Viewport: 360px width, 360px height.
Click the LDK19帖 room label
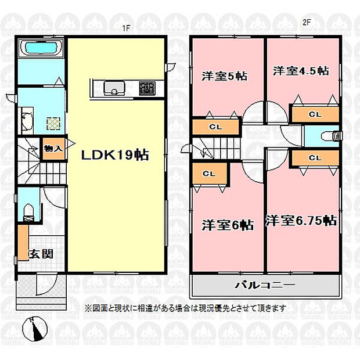pos(115,155)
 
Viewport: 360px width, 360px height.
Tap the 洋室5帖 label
pos(224,76)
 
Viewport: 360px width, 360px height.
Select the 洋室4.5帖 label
pos(301,71)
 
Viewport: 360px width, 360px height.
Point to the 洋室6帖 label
pos(228,225)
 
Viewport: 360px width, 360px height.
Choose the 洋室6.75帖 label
pos(301,221)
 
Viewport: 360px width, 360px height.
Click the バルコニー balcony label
pos(265,285)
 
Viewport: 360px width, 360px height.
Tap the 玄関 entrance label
pos(41,254)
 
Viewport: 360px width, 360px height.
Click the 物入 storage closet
pos(53,149)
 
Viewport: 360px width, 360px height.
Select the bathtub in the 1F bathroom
pos(41,48)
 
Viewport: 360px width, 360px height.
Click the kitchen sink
pos(114,88)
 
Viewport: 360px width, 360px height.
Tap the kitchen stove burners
pos(147,88)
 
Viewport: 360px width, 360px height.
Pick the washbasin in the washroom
pos(27,121)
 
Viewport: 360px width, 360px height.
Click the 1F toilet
pos(29,213)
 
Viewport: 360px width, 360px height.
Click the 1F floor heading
pos(126,28)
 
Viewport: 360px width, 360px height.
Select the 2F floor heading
pos(306,23)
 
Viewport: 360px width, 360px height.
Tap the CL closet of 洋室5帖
pos(216,127)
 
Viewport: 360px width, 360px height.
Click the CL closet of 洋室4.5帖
pos(315,114)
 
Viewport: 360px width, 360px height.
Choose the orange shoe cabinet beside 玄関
pos(23,243)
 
